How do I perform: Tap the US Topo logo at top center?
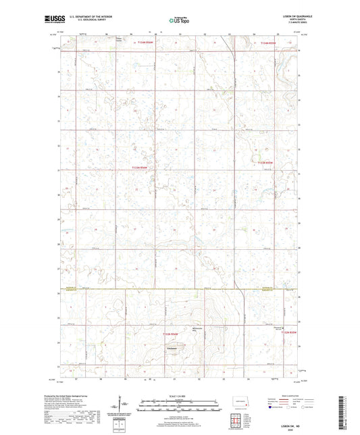point(180,21)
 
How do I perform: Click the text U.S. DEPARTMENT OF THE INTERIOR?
point(93,17)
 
